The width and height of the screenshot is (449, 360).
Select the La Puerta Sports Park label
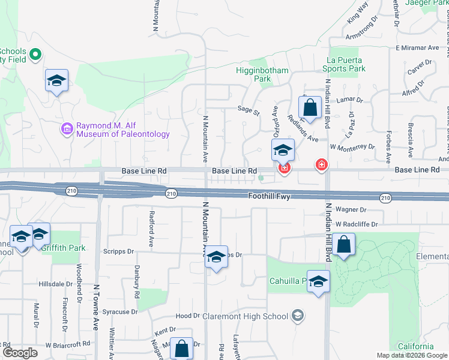[345, 64]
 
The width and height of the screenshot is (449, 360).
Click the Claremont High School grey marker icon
[297, 316]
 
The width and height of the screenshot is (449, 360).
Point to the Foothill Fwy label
[270, 196]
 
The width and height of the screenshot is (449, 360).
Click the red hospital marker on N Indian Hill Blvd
[322, 164]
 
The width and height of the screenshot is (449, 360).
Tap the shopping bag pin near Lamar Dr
[310, 109]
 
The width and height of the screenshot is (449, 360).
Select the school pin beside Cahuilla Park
[318, 282]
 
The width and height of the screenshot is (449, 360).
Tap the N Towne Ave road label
[95, 307]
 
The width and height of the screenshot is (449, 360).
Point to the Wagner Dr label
[351, 209]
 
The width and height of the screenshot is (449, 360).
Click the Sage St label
[248, 110]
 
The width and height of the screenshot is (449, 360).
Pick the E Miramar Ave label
[418, 47]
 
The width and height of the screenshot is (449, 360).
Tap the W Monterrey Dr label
[352, 146]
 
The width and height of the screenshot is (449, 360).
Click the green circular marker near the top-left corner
[35, 55]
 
